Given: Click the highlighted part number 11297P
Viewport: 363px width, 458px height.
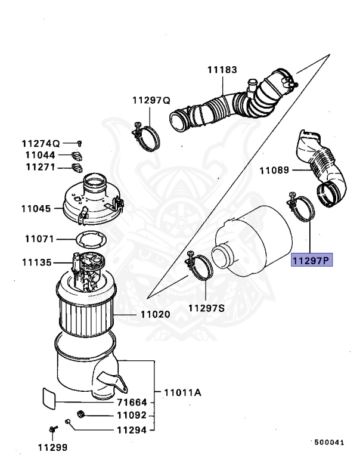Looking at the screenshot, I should (311, 260).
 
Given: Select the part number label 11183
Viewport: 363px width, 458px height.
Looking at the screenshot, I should (222, 70).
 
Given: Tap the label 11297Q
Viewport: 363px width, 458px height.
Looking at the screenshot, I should (151, 100).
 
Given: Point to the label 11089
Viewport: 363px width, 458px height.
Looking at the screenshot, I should (274, 171).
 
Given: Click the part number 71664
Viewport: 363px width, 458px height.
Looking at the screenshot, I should (131, 402).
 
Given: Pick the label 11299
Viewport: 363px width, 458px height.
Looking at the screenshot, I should (53, 447).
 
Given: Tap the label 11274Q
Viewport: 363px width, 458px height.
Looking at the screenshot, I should (41, 143).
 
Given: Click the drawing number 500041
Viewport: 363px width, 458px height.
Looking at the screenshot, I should (330, 442).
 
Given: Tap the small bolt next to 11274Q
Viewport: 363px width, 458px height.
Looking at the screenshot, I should (79, 143).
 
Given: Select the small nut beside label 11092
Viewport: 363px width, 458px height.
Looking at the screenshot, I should (81, 414).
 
